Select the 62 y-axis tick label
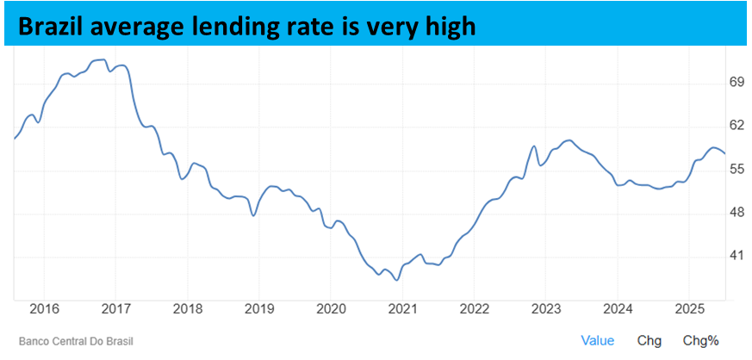pos(712,125)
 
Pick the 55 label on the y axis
pos(712,169)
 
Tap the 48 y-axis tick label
pos(712,213)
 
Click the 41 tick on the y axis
pos(712,256)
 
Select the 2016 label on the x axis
pos(44,308)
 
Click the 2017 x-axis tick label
pos(115,308)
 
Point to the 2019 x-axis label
pos(259,308)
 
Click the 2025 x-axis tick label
pos(689,308)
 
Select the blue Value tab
pos(598,341)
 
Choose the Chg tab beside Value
pos(649,341)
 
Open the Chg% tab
pos(700,341)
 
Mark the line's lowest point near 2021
pos(396,280)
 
